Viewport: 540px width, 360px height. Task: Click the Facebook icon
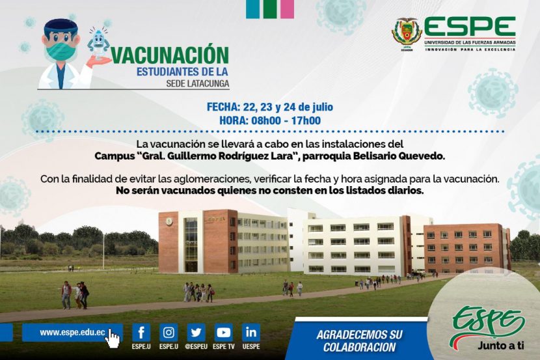click(141, 333)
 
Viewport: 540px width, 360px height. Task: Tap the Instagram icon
click(169, 333)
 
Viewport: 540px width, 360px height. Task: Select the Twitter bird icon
click(196, 333)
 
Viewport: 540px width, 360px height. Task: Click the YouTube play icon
click(224, 333)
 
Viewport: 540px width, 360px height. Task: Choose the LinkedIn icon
click(251, 333)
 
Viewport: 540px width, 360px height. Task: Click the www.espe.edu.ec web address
click(72, 333)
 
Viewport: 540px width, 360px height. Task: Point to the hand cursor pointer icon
click(113, 339)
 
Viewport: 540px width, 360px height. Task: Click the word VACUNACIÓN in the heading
click(170, 55)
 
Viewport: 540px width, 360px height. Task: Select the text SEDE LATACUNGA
click(197, 84)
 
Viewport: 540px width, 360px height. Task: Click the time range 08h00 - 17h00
click(286, 120)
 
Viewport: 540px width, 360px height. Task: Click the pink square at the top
click(287, 9)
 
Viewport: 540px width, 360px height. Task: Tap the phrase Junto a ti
click(501, 345)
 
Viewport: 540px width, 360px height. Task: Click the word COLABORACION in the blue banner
click(359, 347)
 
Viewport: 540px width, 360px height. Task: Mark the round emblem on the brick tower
click(169, 221)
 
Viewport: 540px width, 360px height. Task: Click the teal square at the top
click(252, 9)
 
